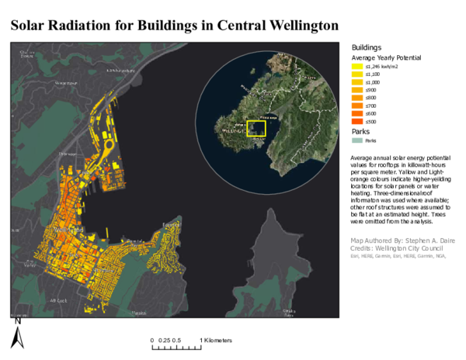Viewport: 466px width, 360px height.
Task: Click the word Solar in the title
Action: [x=33, y=26]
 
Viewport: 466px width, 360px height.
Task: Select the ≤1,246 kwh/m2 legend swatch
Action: [x=358, y=67]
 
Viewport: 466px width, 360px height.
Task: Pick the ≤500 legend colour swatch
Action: [x=358, y=122]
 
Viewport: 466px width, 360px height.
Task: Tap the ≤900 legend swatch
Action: [x=358, y=90]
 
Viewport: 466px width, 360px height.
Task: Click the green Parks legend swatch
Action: [x=358, y=140]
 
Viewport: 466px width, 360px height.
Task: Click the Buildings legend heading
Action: [x=367, y=47]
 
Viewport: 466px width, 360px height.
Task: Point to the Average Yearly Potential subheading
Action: [x=386, y=57]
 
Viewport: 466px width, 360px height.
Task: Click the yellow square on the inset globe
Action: [x=256, y=129]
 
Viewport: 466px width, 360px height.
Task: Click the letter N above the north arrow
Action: [x=16, y=319]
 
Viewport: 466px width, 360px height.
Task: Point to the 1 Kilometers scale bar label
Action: [x=215, y=341]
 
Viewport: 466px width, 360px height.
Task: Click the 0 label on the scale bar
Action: [x=152, y=341]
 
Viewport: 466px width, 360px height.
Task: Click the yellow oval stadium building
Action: [x=106, y=145]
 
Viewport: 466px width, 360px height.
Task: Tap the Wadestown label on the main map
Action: [x=65, y=81]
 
